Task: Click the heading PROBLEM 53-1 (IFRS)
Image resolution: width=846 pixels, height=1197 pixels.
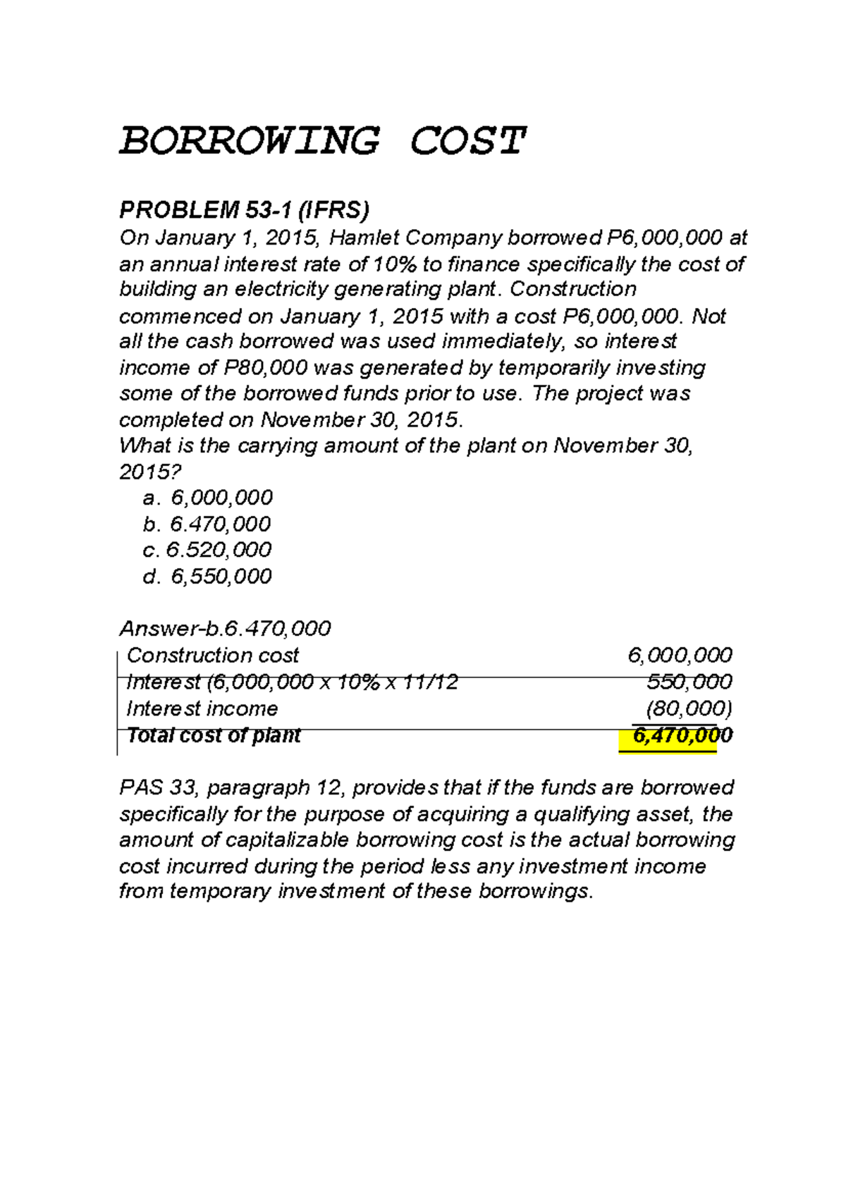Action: (x=244, y=210)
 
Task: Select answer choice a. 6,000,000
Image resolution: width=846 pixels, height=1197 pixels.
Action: (x=207, y=498)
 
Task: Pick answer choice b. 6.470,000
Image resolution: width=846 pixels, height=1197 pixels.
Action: (x=207, y=524)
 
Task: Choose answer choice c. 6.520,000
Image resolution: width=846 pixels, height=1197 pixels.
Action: (x=207, y=550)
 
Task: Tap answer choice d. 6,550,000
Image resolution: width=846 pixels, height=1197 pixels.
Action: (x=207, y=576)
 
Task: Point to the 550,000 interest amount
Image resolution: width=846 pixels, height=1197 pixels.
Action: (x=689, y=682)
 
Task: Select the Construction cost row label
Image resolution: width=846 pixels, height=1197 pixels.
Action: (x=213, y=656)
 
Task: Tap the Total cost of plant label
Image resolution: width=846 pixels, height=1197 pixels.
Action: (x=214, y=735)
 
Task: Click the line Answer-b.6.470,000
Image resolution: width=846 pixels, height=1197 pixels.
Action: (x=225, y=628)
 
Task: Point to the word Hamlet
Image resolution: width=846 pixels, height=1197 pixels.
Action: (x=364, y=238)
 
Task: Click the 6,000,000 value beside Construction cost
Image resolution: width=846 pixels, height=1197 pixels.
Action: (x=680, y=656)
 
